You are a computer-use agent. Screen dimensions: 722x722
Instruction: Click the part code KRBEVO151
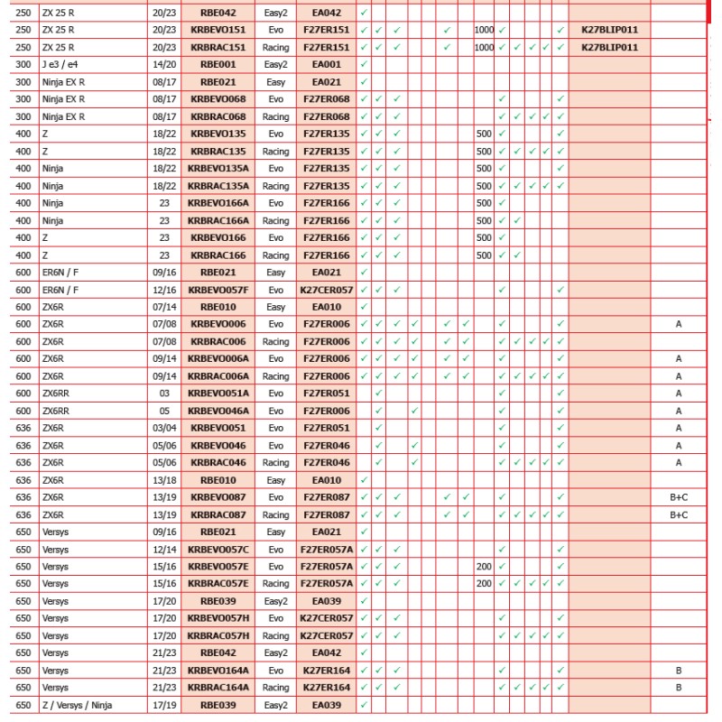pyautogui.click(x=218, y=30)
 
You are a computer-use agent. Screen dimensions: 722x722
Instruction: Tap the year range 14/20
pyautogui.click(x=164, y=65)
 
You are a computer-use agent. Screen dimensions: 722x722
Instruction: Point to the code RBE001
pyautogui.click(x=218, y=65)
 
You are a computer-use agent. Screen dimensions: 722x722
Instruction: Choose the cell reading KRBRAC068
pyautogui.click(x=218, y=116)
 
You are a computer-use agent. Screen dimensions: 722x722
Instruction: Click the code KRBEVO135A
pyautogui.click(x=218, y=169)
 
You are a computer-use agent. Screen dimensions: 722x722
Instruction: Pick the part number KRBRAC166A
pyautogui.click(x=218, y=220)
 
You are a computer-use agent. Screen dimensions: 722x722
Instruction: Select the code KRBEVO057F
pyautogui.click(x=218, y=290)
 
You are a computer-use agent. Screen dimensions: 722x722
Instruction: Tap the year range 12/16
pyautogui.click(x=164, y=290)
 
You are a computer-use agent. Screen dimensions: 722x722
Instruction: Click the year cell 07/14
pyautogui.click(x=164, y=307)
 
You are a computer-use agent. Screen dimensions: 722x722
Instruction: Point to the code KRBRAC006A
pyautogui.click(x=218, y=376)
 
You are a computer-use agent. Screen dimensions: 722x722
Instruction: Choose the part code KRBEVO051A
pyautogui.click(x=218, y=393)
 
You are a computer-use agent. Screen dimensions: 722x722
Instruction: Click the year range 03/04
pyautogui.click(x=164, y=428)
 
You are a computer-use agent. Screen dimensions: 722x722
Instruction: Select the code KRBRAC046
pyautogui.click(x=218, y=463)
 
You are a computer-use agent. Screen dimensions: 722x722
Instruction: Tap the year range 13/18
pyautogui.click(x=164, y=480)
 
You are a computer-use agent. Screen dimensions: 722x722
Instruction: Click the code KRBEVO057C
pyautogui.click(x=218, y=550)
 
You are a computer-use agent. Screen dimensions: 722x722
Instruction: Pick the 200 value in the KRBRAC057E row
pyautogui.click(x=485, y=584)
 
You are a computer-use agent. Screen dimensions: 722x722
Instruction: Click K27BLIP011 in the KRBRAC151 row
pyautogui.click(x=609, y=47)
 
